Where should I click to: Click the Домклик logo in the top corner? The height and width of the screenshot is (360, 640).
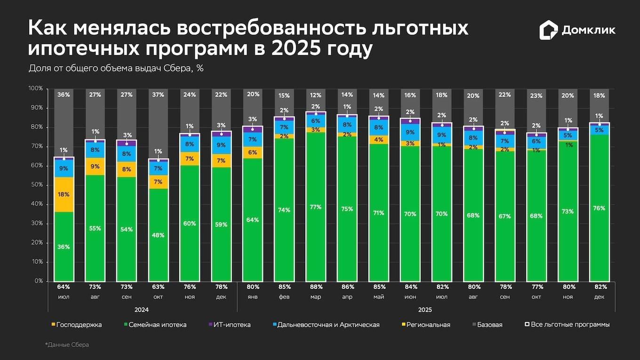(577, 31)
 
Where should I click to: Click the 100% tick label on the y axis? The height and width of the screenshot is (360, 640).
(35, 88)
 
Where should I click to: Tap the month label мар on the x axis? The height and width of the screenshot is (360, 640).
(316, 297)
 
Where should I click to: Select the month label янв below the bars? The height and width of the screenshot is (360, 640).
(253, 297)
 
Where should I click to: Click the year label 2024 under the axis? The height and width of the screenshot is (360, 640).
(141, 310)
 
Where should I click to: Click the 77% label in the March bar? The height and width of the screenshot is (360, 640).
(316, 207)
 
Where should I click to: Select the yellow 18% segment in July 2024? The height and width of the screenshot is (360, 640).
(64, 194)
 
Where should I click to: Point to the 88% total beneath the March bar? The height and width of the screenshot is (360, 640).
(316, 287)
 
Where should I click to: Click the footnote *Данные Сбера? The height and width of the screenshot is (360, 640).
(67, 345)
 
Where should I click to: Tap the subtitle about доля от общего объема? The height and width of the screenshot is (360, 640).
(116, 68)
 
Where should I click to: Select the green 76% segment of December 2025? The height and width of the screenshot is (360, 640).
(599, 208)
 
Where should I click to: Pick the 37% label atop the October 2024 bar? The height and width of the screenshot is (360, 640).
(158, 95)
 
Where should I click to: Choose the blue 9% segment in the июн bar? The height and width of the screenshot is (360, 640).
(410, 133)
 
